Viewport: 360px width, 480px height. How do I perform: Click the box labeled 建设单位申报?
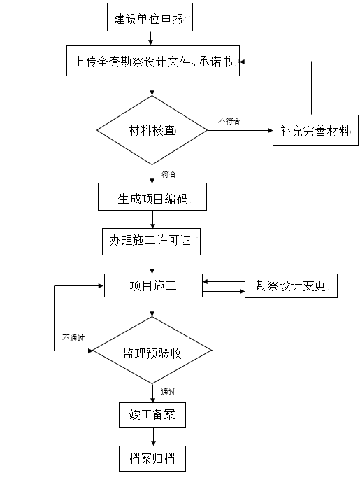tap(150, 17)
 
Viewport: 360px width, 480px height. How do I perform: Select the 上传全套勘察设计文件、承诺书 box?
tap(153, 61)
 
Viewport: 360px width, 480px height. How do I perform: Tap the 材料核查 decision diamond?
tap(152, 130)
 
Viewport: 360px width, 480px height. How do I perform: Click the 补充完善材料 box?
tap(315, 130)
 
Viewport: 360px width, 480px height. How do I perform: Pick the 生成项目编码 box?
tap(152, 197)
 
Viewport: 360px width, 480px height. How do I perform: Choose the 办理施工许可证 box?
tap(151, 241)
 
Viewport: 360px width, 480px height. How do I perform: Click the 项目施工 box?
tap(153, 285)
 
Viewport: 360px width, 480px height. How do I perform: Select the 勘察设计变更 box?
tap(291, 286)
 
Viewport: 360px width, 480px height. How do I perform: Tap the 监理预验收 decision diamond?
tap(152, 351)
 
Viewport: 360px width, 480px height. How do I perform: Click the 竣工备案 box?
tap(152, 415)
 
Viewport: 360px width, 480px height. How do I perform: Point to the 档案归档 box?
tap(152, 458)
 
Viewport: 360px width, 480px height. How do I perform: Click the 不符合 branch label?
tap(229, 121)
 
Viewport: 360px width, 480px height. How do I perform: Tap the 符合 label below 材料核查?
tap(168, 174)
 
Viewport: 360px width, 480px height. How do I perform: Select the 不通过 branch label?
tap(73, 338)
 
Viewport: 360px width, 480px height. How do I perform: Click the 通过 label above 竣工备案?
tap(168, 392)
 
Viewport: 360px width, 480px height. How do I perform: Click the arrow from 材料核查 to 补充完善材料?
tap(240, 130)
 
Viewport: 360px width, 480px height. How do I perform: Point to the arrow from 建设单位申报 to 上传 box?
tap(150, 38)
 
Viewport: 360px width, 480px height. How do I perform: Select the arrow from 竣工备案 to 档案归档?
tap(153, 437)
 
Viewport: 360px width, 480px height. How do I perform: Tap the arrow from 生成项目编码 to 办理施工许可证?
tap(152, 219)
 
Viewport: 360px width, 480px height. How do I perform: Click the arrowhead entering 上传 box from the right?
tap(242, 62)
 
